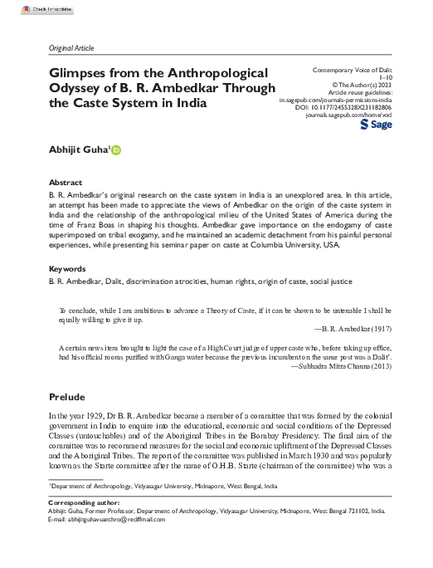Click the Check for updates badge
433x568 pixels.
[26, 9]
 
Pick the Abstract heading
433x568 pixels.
[66, 182]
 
